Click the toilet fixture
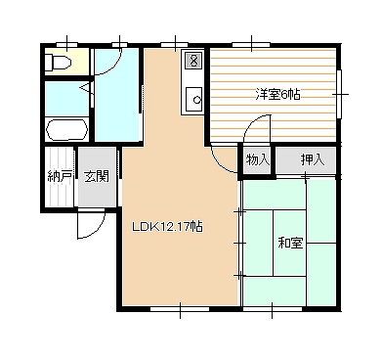(x=57, y=63)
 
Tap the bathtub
(x=67, y=129)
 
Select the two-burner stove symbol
(x=193, y=61)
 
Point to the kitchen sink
(x=194, y=98)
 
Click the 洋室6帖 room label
(x=277, y=95)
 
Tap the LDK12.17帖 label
(x=167, y=226)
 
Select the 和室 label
(x=290, y=243)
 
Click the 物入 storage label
(x=258, y=159)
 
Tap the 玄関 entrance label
(x=97, y=176)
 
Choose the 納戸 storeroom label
(x=60, y=176)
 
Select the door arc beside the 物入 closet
(x=219, y=163)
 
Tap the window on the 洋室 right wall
(x=340, y=94)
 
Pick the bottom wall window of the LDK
(x=180, y=308)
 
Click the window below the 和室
(x=273, y=308)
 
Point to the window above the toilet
(x=66, y=45)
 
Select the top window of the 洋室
(x=251, y=45)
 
